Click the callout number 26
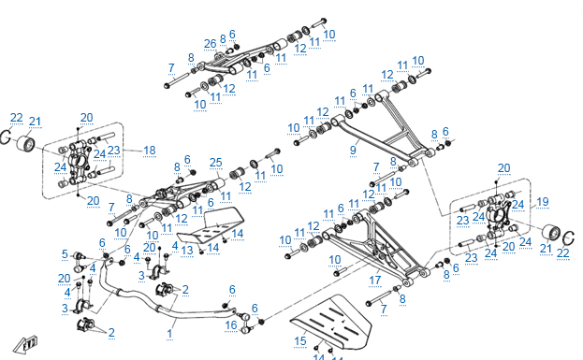click(210, 44)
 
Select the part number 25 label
click(215, 163)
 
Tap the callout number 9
click(353, 151)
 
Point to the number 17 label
click(374, 281)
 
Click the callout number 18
click(150, 151)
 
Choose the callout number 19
click(543, 202)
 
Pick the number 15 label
click(300, 341)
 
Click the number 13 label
click(187, 250)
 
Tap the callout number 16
click(231, 325)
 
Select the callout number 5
click(65, 254)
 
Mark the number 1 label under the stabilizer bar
click(169, 333)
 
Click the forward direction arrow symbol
click(25, 345)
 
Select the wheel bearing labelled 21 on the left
click(26, 143)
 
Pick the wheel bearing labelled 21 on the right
click(551, 233)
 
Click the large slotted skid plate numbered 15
click(332, 323)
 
